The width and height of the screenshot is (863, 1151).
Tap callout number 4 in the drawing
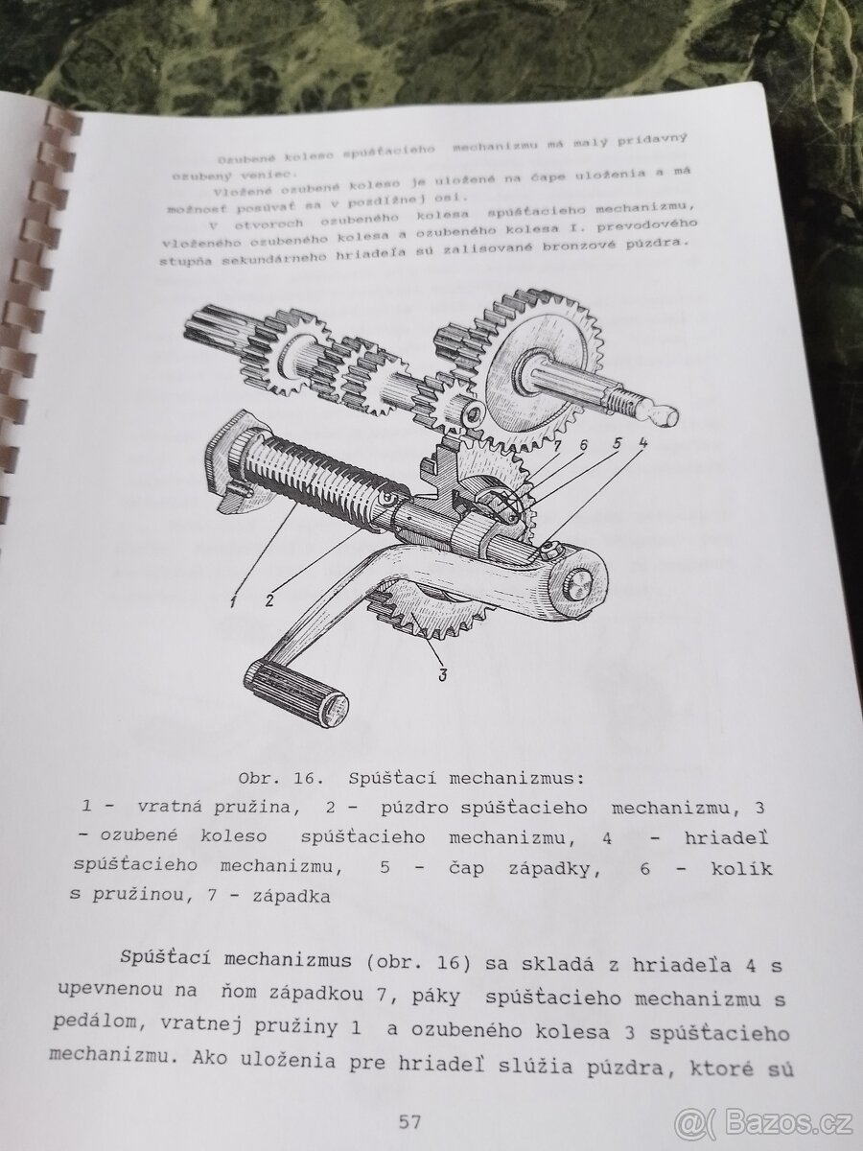(x=641, y=443)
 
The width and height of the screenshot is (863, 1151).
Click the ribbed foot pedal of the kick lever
(x=297, y=689)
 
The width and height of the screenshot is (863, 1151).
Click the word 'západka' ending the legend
(x=292, y=896)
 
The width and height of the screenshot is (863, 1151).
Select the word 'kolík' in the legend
(x=741, y=868)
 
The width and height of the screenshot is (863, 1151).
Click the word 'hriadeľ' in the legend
(x=726, y=838)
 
